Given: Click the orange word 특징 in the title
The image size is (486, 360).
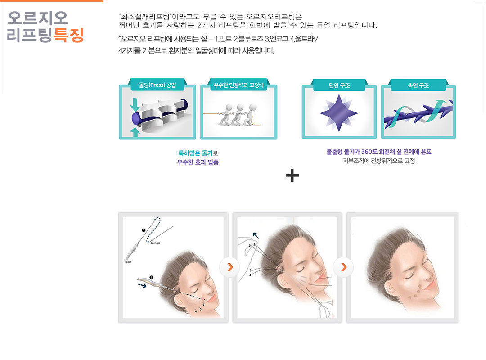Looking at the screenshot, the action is coord(68,35).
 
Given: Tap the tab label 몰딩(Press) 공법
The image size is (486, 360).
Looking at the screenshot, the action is coord(157,85).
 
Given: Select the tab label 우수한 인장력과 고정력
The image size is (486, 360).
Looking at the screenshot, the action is coord(238,85).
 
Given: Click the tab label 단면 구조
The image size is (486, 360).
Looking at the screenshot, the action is coord(339,85).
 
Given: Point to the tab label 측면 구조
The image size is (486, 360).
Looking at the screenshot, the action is coord(418,85).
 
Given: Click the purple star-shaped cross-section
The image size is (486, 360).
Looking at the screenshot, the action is coord(339,113).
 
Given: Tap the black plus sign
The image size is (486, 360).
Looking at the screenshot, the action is coord(292,176).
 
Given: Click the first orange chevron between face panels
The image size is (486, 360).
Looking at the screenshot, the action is coord(230,267).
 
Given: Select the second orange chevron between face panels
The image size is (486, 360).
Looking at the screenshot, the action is coord(344,267).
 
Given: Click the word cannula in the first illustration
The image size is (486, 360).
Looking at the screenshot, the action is coord(155,243).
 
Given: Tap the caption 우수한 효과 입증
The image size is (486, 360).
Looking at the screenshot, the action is coord(198,162).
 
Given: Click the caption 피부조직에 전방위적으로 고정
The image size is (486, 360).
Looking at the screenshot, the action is coord(379,161).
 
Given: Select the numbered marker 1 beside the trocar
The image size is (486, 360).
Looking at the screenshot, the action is coord(144,230).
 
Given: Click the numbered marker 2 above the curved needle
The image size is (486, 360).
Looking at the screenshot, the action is coord(151,277).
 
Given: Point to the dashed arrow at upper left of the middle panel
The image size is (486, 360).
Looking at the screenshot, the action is coord(256,236).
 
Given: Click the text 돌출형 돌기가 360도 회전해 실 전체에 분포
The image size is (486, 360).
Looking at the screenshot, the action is coord(379,152).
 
